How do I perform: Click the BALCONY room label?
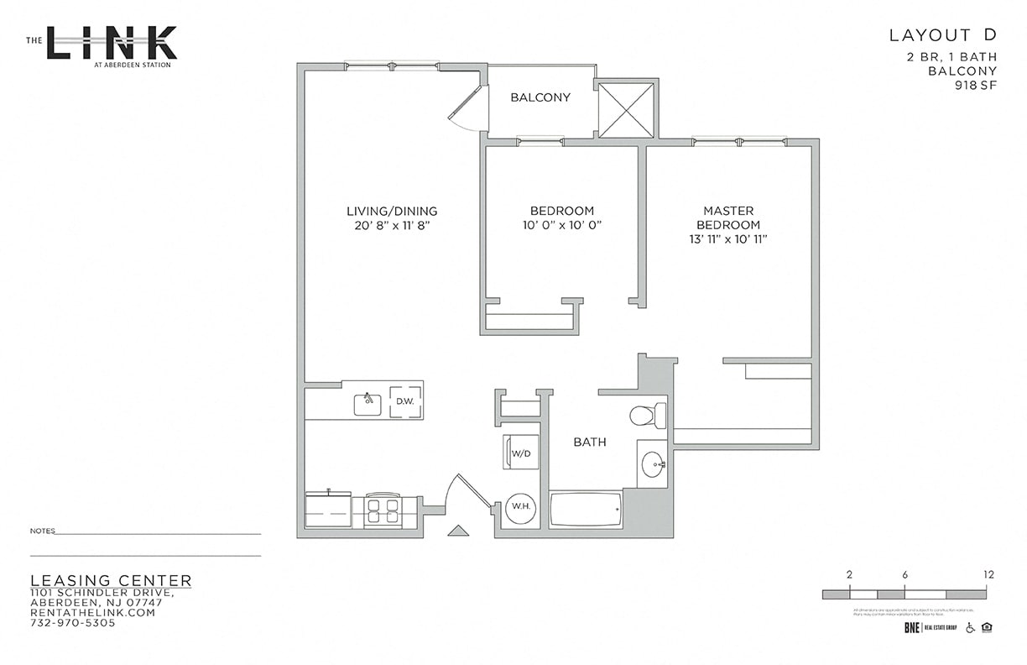point(540,97)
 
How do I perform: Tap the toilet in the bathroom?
point(647,416)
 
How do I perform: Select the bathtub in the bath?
point(586,509)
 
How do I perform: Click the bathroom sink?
point(652,463)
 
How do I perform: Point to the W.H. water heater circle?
point(519,508)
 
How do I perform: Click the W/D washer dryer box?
point(519,453)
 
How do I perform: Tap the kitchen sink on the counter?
point(368,404)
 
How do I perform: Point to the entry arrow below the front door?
point(457,530)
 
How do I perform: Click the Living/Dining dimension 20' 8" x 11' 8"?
point(392,226)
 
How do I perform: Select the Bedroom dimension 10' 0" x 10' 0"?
point(561,226)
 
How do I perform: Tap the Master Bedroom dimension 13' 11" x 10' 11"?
point(727,239)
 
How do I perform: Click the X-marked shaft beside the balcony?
point(626,108)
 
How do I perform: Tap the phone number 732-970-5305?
point(72,623)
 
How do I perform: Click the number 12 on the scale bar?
point(988,575)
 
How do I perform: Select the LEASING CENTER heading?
point(111,581)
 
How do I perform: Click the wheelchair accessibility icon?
point(971,627)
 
